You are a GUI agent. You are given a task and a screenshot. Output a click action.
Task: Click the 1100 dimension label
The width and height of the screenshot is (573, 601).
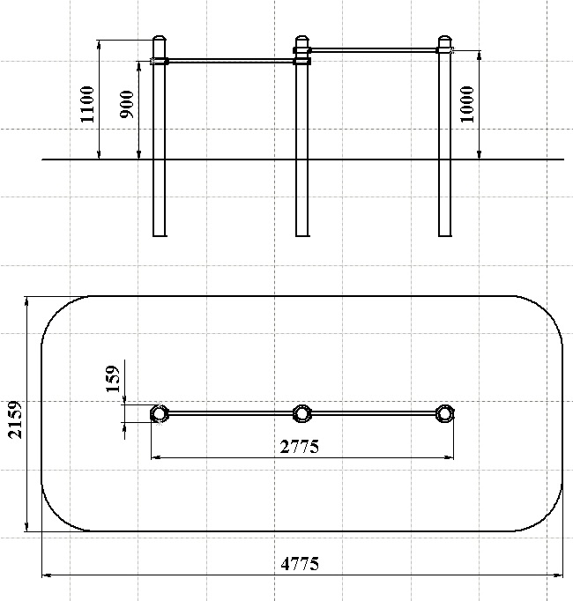pos(87,104)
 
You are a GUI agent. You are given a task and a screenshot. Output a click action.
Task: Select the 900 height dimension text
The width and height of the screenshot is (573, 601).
pos(127,104)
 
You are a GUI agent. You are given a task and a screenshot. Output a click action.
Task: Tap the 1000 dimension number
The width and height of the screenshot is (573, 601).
pos(467,104)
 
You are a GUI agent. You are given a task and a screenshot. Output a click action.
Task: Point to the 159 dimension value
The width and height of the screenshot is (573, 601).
pos(113,379)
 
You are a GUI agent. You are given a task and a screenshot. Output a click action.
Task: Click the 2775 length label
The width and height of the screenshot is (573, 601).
pos(299,447)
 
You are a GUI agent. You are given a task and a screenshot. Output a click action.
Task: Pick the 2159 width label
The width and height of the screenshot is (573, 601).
pos(15,419)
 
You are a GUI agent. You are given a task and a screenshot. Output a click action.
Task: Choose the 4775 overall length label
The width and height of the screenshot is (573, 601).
pos(300,564)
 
